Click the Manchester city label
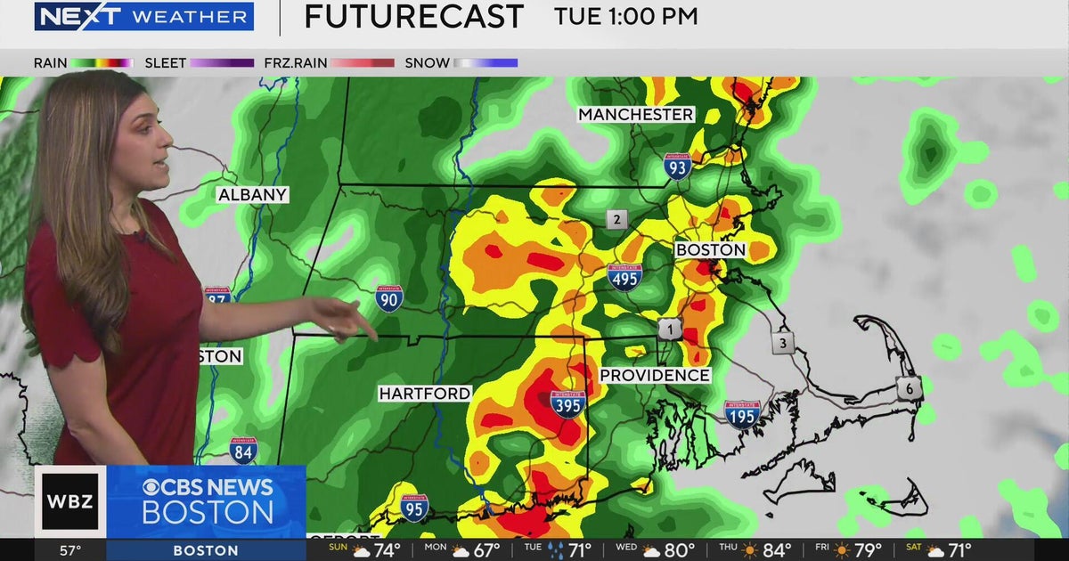[x=635, y=115]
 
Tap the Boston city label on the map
[x=710, y=250]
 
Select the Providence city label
[x=655, y=376]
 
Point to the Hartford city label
[x=425, y=394]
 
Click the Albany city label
[x=253, y=195]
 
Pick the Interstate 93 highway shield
[x=677, y=167]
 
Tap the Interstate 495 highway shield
[x=624, y=277]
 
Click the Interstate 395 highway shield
[x=567, y=404]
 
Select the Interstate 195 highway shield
[x=743, y=414]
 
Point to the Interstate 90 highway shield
[x=389, y=298]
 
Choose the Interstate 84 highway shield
[x=243, y=451]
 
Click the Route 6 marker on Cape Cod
[x=909, y=387]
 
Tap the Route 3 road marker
[x=783, y=343]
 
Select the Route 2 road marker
[x=616, y=219]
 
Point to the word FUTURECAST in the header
[x=413, y=17]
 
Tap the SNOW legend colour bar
[x=486, y=63]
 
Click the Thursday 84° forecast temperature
[x=775, y=550]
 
